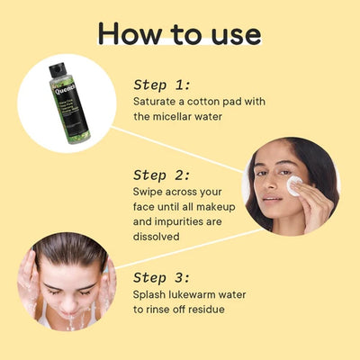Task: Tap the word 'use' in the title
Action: [x=231, y=33]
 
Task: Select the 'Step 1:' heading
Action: [x=162, y=84]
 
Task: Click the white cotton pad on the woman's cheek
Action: [x=293, y=184]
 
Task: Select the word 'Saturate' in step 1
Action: [x=157, y=101]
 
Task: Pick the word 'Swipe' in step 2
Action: [x=149, y=192]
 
